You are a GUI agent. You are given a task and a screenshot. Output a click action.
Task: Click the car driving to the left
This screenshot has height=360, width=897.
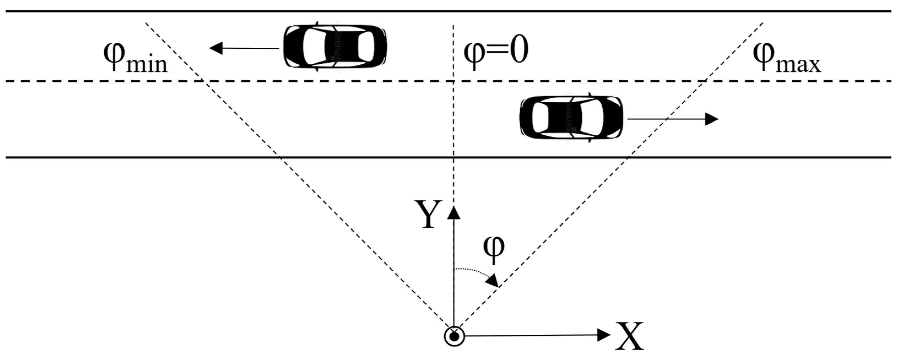335,46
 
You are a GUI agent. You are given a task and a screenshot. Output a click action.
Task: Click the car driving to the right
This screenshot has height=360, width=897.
571,117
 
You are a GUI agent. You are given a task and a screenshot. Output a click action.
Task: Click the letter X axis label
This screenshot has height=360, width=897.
629,336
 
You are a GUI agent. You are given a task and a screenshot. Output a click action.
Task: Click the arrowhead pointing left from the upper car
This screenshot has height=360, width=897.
211,48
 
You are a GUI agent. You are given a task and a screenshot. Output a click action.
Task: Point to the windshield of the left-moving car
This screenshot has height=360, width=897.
310,46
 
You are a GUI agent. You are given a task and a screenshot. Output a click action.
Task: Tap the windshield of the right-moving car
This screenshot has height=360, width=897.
596,117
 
